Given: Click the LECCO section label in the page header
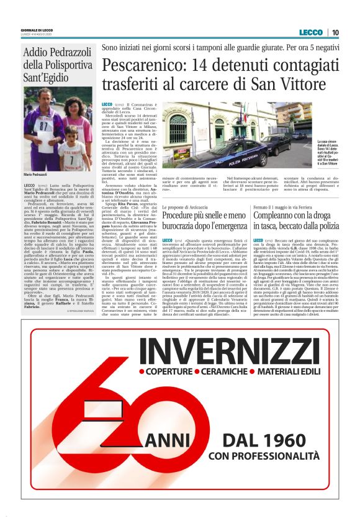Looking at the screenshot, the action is click(x=310, y=32).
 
